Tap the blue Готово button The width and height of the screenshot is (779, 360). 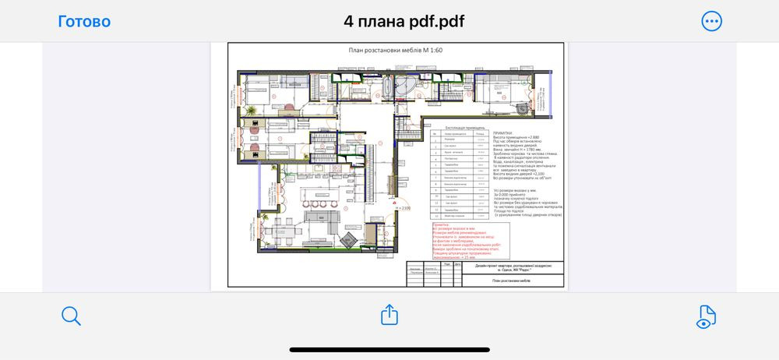point(84,21)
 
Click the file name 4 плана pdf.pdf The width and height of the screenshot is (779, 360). point(404,21)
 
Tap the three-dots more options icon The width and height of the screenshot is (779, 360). point(711,21)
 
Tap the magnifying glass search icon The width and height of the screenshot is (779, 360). point(71,316)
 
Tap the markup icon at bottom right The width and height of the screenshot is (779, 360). point(706,316)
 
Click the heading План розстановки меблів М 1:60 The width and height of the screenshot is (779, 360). point(395,50)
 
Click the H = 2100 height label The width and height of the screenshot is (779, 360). point(404,208)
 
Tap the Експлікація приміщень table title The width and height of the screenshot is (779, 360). point(466,126)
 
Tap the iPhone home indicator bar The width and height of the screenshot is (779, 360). point(389,349)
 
